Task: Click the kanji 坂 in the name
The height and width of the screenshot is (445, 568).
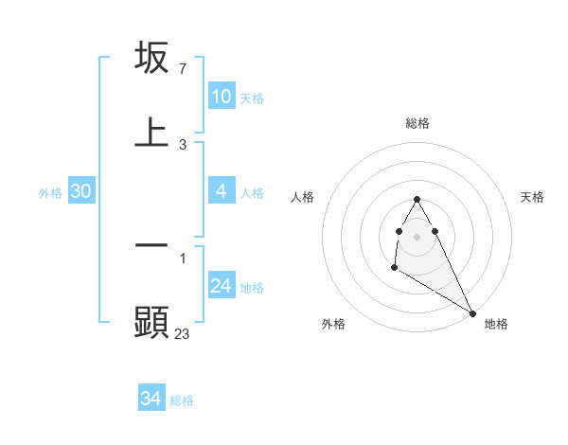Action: point(151,59)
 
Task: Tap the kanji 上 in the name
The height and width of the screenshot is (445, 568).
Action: point(151,133)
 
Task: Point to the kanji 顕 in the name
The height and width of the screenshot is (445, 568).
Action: point(151,322)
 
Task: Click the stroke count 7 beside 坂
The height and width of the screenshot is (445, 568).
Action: point(182,69)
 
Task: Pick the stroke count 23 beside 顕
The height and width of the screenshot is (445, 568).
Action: point(183,333)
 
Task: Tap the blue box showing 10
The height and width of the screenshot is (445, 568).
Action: point(221,97)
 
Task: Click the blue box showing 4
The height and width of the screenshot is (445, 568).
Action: point(221,191)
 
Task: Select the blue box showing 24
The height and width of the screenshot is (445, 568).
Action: point(221,286)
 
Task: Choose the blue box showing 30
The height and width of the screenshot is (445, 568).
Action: point(80,191)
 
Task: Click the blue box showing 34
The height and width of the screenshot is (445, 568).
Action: point(151,400)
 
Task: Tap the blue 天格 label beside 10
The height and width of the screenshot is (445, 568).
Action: point(252,98)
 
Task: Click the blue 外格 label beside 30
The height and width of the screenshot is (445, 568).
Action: point(50,193)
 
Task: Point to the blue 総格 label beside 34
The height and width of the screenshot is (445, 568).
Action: point(182,401)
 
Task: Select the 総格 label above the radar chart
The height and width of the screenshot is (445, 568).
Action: point(417,123)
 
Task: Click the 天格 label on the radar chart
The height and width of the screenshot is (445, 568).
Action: point(533,197)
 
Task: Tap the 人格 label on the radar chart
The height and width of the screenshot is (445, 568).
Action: point(302,197)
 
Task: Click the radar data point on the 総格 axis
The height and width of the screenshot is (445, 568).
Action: point(417,199)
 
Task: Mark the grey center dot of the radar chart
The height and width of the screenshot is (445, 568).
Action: point(417,236)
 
